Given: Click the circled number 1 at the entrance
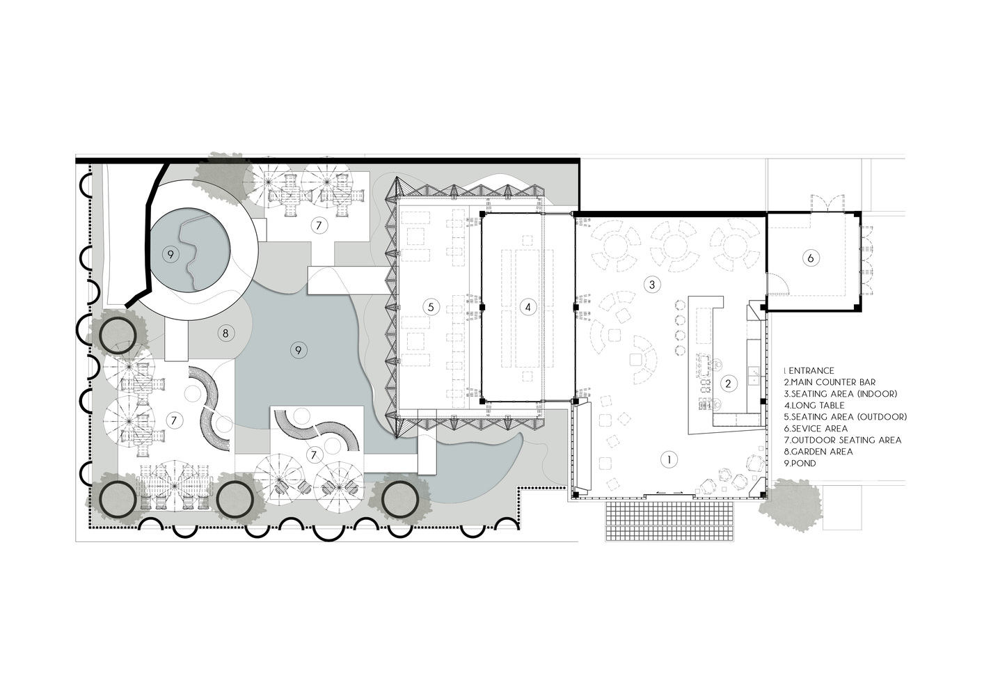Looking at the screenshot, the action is [x=669, y=460].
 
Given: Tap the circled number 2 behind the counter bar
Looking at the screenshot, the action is [x=728, y=383].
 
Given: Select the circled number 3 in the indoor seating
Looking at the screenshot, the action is [x=652, y=285].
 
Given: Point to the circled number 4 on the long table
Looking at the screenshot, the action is [x=528, y=307].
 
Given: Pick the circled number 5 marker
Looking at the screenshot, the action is [x=431, y=307].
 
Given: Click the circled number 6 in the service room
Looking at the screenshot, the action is [x=811, y=258].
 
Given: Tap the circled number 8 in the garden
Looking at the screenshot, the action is [x=225, y=333].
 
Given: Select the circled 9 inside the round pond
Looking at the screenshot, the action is [x=170, y=254].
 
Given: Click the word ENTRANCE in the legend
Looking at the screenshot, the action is [x=811, y=371].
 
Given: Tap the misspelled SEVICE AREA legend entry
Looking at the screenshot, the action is [x=816, y=429].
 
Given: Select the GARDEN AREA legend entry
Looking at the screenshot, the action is [x=818, y=452].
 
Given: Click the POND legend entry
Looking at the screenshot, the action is [x=800, y=463].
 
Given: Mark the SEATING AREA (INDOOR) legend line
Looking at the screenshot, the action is [x=841, y=394].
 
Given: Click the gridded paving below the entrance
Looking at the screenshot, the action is [x=670, y=521].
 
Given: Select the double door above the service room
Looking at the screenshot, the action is [x=827, y=203].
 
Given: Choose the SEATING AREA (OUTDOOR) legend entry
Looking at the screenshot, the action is [x=846, y=417].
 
